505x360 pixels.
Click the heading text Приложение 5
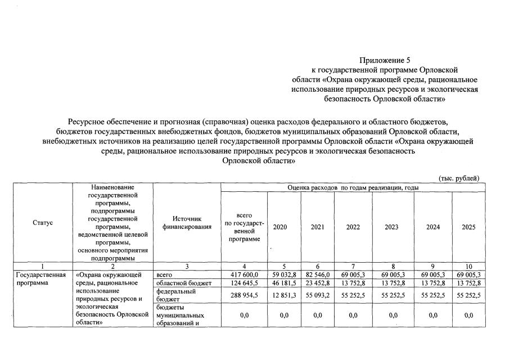click(382, 60)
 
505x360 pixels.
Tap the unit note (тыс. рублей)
click(458, 178)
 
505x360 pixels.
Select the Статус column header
click(43, 223)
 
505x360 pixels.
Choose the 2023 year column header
click(392, 227)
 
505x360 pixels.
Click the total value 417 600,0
click(244, 274)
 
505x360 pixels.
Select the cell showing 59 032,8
click(284, 274)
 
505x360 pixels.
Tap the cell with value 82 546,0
click(318, 274)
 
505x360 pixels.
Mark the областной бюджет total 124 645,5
click(244, 283)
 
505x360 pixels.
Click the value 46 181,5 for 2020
click(284, 283)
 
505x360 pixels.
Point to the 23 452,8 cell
click(318, 283)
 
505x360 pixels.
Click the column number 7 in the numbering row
click(353, 266)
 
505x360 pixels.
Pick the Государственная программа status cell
click(40, 279)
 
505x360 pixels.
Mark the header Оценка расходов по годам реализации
click(353, 187)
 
